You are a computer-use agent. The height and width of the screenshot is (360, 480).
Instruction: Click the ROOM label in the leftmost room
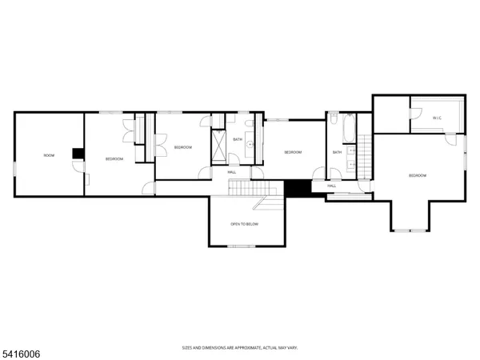49,154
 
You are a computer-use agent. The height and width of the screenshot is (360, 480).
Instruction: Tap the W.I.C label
437,118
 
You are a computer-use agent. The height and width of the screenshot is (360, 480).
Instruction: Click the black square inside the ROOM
77,154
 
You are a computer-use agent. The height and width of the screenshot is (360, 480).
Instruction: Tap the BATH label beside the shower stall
238,139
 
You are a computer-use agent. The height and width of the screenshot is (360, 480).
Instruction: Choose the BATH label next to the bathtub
338,152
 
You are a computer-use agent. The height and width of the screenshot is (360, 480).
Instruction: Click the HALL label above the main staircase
232,171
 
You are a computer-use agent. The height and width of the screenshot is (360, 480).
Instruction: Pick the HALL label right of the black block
331,186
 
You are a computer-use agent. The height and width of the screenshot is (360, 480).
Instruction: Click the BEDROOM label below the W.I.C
418,175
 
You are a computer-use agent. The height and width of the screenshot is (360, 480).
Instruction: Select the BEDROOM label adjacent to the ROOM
114,158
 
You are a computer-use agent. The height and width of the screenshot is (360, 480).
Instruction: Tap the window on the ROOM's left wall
14,169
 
